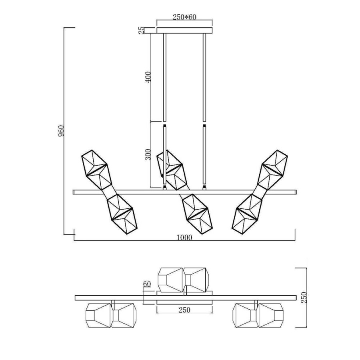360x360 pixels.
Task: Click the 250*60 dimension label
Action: (184, 17)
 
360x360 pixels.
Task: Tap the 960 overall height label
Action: (61, 131)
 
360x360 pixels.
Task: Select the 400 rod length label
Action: (148, 77)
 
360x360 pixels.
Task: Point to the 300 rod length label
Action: (148, 154)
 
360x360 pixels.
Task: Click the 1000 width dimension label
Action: (184, 237)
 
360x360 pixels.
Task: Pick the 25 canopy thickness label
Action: (142, 30)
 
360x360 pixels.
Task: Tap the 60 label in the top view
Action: (147, 284)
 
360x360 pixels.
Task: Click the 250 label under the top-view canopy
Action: (184, 310)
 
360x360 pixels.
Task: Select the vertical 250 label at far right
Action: (304, 298)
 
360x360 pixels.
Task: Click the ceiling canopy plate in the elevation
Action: (184, 30)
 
